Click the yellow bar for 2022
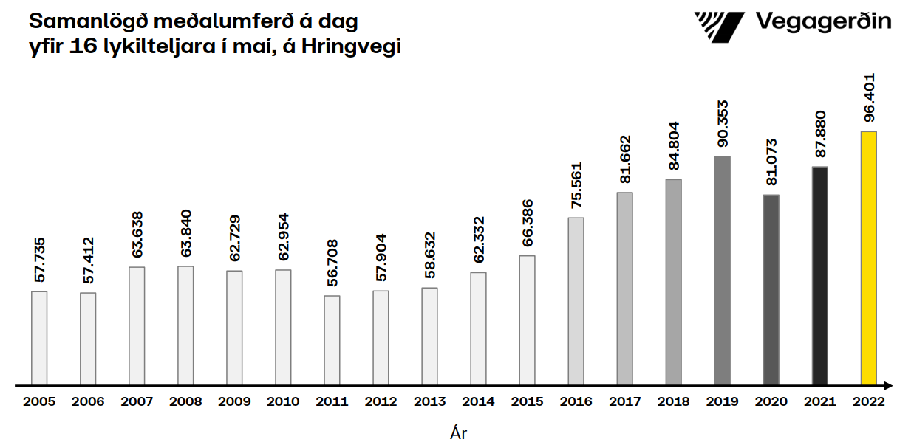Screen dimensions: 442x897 pos(868,258)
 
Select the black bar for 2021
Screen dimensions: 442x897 pos(819,276)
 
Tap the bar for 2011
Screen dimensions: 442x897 pos(332,340)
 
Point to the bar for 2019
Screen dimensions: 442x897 pos(722,271)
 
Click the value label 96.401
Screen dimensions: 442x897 pos(870,97)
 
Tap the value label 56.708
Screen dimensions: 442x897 pos(332,263)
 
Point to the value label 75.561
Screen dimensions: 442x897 pos(576,184)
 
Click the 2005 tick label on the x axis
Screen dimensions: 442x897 pos(39,402)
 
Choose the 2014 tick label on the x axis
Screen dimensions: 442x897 pos(478,402)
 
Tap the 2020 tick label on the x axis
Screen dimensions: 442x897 pos(771,402)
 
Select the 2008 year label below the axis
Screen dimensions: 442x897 pos(185,402)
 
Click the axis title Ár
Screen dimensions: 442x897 pos(458,432)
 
